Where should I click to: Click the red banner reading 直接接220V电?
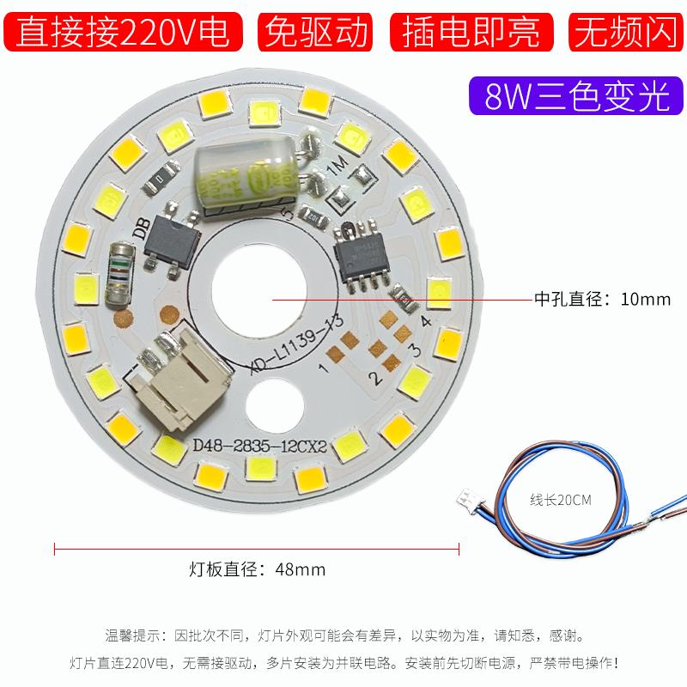tap(125, 32)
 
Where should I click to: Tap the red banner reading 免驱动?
tap(318, 32)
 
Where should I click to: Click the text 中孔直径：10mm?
tap(602, 300)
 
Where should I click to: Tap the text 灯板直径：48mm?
tap(258, 568)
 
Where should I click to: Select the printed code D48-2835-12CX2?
tap(257, 446)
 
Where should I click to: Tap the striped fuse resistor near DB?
tap(120, 272)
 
